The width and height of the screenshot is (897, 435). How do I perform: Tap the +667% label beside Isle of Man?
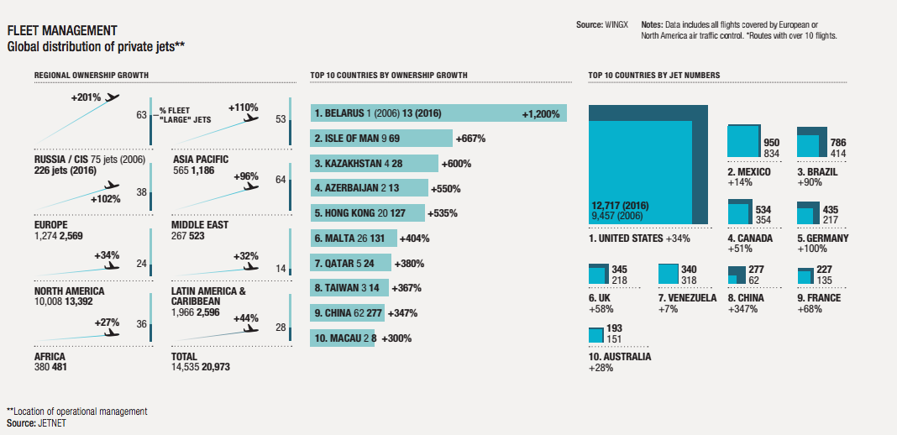[470, 139]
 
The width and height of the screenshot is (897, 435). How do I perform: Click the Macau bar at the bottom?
[344, 338]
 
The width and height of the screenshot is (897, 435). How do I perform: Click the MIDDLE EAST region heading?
[199, 225]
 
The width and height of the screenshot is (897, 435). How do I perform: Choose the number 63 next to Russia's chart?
[141, 115]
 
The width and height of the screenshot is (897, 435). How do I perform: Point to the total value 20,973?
[215, 367]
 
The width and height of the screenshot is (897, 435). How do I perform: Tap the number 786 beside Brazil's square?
[837, 143]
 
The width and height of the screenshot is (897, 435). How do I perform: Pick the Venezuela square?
[669, 275]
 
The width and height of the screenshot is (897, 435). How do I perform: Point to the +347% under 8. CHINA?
[742, 309]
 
